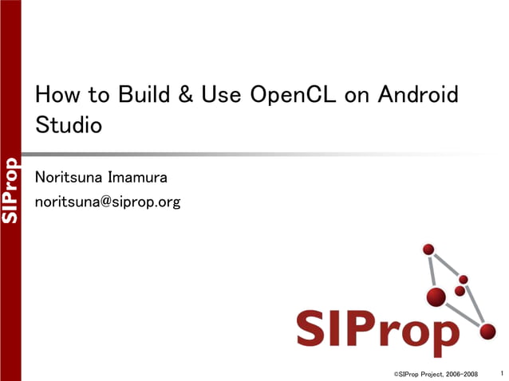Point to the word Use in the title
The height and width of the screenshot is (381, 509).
click(x=220, y=96)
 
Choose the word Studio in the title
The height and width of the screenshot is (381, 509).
click(x=69, y=126)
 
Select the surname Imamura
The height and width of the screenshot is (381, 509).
click(x=139, y=177)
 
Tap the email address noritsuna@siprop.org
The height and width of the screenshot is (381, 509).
click(x=108, y=202)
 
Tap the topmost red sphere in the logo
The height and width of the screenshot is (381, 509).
click(x=428, y=249)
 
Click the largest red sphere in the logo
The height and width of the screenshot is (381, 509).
click(x=436, y=297)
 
